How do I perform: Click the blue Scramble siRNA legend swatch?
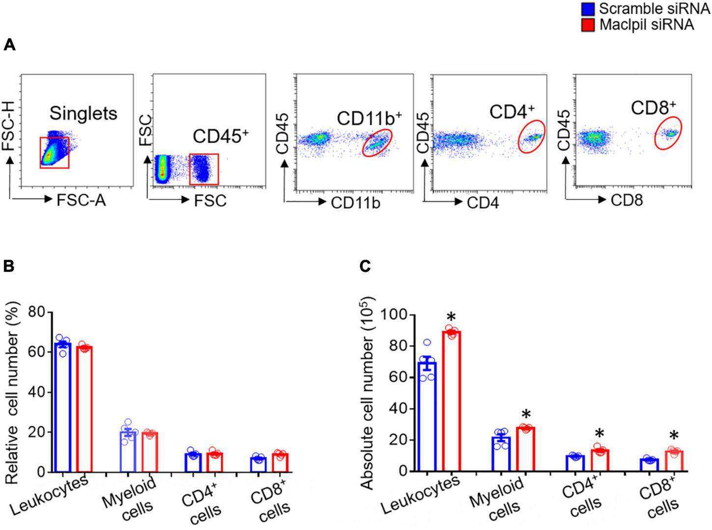pyautogui.click(x=588, y=8)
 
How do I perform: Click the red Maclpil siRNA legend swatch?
pyautogui.click(x=588, y=25)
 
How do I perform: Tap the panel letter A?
pyautogui.click(x=10, y=46)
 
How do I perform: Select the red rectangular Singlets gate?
pyautogui.click(x=55, y=153)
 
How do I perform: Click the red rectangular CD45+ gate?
pyautogui.click(x=204, y=169)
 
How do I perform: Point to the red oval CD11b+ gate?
pyautogui.click(x=378, y=142)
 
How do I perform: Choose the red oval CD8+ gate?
pyautogui.click(x=668, y=132)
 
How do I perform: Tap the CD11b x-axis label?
pyautogui.click(x=355, y=203)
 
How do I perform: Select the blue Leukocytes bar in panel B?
pyautogui.click(x=63, y=407)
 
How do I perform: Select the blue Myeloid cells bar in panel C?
pyautogui.click(x=501, y=454)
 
